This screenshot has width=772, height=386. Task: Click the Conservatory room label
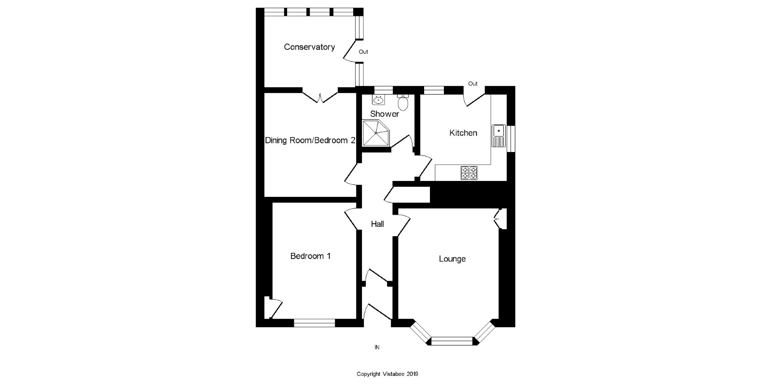pyautogui.click(x=309, y=47)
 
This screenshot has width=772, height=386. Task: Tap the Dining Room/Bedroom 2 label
pyautogui.click(x=310, y=140)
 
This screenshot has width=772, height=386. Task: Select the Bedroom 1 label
pyautogui.click(x=310, y=256)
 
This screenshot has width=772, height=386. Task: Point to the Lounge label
pyautogui.click(x=452, y=259)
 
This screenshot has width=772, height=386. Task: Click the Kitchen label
pyautogui.click(x=463, y=133)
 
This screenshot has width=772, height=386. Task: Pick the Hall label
pyautogui.click(x=377, y=224)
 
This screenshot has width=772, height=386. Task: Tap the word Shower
pyautogui.click(x=385, y=114)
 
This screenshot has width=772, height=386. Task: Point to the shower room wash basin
pyautogui.click(x=378, y=100)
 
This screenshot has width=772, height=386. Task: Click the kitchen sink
pyautogui.click(x=498, y=135)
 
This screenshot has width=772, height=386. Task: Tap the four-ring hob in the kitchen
pyautogui.click(x=469, y=173)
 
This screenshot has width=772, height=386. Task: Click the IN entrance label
pyautogui.click(x=377, y=347)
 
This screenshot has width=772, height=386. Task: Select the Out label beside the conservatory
pyautogui.click(x=363, y=52)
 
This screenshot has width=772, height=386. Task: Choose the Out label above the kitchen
pyautogui.click(x=473, y=83)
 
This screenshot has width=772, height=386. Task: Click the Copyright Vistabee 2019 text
pyautogui.click(x=387, y=374)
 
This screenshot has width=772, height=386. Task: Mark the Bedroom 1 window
pyautogui.click(x=314, y=323)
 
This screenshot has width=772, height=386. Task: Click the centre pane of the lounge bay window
pyautogui.click(x=452, y=341)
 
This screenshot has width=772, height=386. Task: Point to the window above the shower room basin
pyautogui.click(x=384, y=89)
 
